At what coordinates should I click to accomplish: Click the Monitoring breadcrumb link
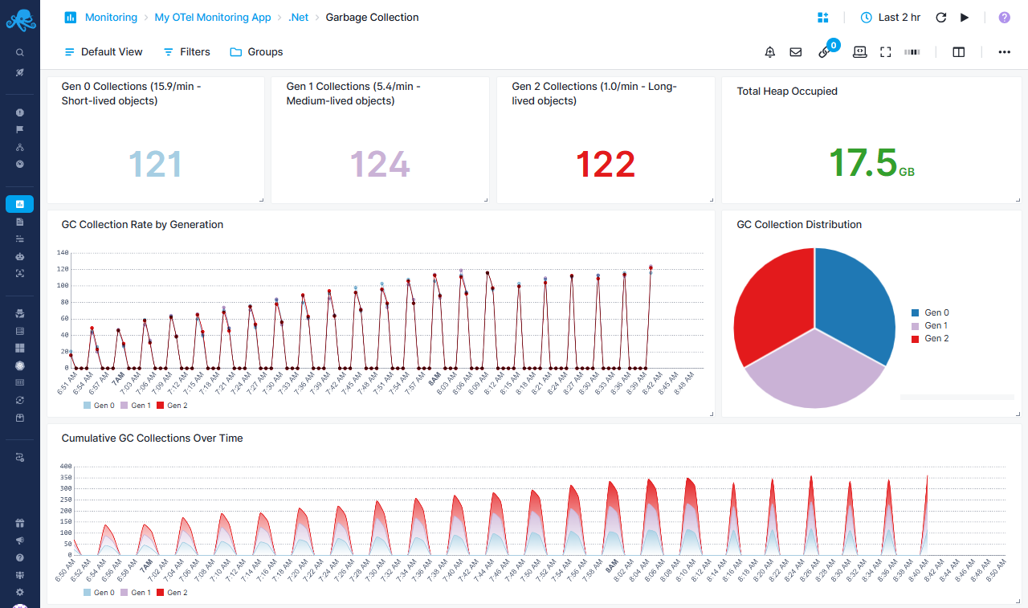coord(111,17)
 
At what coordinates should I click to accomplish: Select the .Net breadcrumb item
coord(299,17)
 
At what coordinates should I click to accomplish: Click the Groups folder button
coord(256,52)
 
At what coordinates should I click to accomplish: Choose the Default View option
coord(104,52)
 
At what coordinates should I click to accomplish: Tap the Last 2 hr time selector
coord(890,17)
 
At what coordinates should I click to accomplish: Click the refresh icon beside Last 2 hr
coord(941,17)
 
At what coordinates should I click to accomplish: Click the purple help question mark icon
coord(1004,17)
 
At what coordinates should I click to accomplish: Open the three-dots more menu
coord(1004,52)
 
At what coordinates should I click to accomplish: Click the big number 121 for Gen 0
coord(155,165)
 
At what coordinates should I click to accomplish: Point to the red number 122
coord(605,165)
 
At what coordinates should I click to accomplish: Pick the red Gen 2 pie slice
coord(771,301)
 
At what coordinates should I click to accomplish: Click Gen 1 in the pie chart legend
coord(936,325)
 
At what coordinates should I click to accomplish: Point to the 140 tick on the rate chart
coord(63,252)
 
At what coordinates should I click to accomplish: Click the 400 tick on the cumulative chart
coord(66,466)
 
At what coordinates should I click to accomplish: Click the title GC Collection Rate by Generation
coord(142,225)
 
